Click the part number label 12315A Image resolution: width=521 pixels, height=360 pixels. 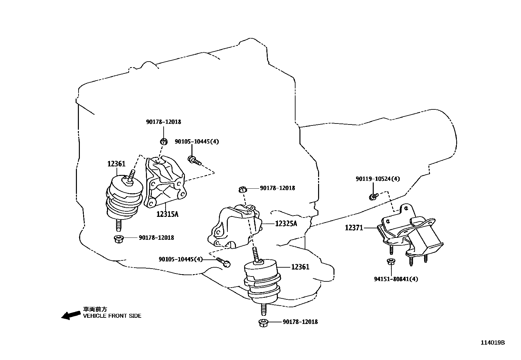[167, 214]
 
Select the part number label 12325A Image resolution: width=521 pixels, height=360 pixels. [286, 224]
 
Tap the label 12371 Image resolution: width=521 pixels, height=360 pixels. [354, 227]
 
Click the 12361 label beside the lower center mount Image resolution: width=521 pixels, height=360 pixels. [300, 267]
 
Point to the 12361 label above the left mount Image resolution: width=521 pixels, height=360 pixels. [117, 164]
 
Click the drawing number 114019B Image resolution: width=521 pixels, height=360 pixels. [493, 343]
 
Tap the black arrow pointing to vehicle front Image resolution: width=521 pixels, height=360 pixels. [71, 315]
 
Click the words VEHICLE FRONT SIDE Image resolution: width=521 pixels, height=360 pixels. [112, 316]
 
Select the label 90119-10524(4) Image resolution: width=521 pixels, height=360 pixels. [377, 179]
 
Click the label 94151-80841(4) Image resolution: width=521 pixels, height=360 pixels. [396, 279]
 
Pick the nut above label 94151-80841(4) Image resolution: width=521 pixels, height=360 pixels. [390, 262]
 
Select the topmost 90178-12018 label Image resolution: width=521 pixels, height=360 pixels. [163, 122]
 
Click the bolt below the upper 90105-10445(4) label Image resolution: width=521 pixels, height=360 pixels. [194, 160]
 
